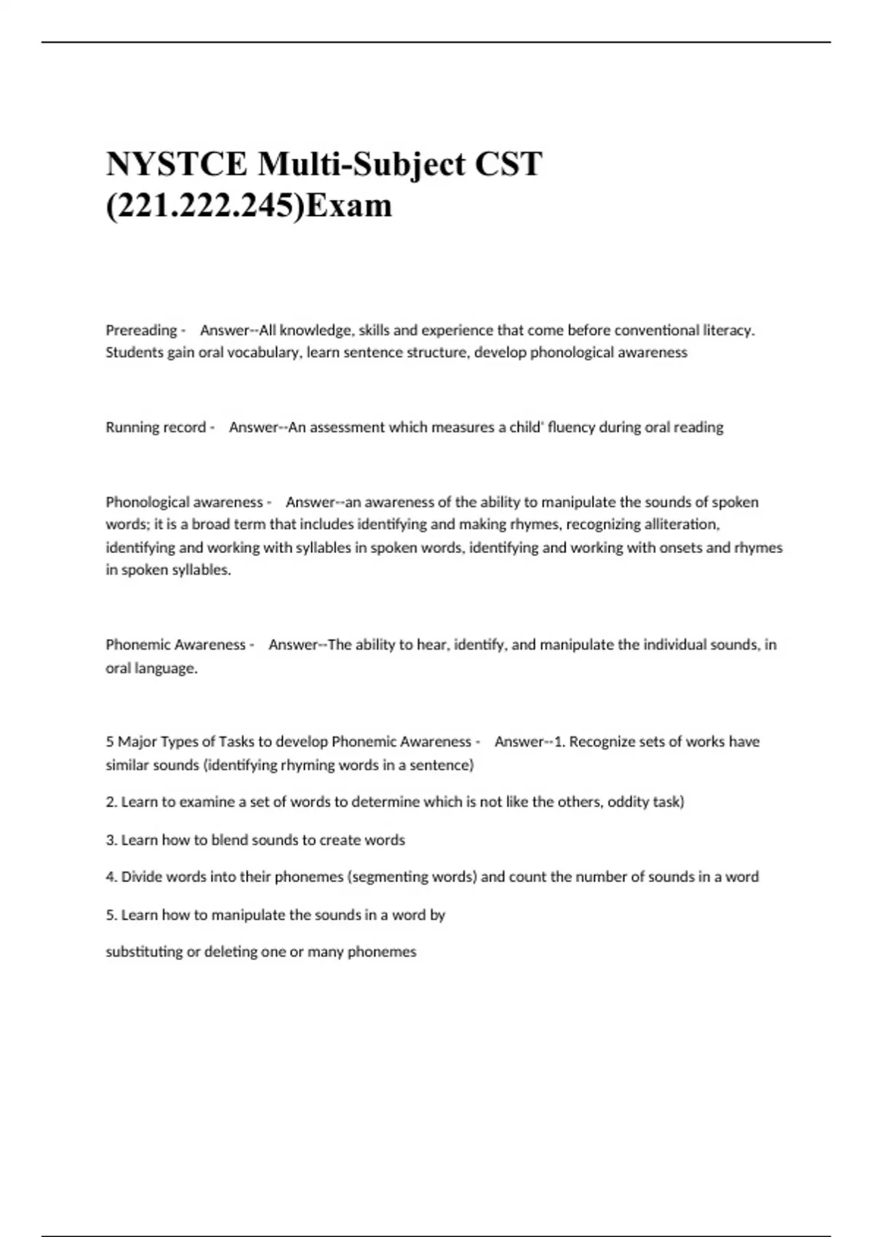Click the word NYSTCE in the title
(x=177, y=164)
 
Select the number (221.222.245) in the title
(x=204, y=206)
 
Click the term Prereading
(x=141, y=330)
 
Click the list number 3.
(x=111, y=840)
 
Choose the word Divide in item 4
(x=142, y=877)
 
